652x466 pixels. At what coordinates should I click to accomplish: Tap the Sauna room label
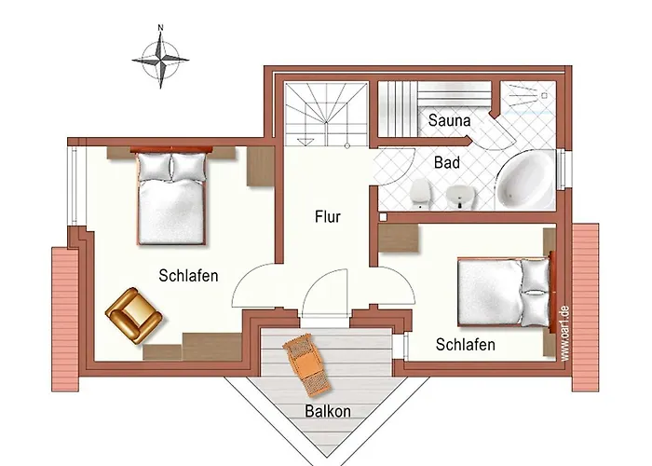(450, 120)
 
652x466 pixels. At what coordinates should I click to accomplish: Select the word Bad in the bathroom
(447, 162)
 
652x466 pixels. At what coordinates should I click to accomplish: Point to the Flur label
(328, 217)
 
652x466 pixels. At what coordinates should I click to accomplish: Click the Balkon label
(328, 411)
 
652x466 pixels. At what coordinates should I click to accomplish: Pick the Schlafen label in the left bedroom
(188, 276)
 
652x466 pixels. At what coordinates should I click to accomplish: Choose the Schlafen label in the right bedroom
(466, 345)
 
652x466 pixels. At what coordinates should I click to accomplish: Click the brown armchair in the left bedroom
(133, 315)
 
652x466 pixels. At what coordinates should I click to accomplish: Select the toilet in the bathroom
(420, 194)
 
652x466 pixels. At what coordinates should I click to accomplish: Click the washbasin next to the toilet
(460, 197)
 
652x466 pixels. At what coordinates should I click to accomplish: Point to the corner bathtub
(524, 180)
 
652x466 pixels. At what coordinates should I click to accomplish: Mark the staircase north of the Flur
(326, 114)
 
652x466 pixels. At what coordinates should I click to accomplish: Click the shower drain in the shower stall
(544, 96)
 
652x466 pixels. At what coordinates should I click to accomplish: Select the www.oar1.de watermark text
(564, 334)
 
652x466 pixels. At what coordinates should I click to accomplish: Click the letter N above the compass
(160, 27)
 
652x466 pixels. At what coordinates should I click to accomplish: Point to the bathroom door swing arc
(396, 167)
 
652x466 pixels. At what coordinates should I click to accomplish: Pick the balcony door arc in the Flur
(325, 294)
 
